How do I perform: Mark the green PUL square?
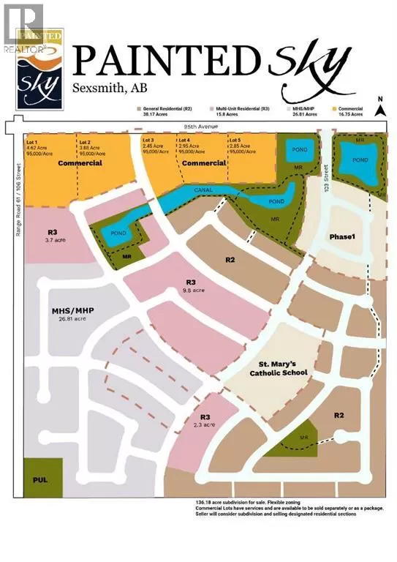click(x=39, y=477)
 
